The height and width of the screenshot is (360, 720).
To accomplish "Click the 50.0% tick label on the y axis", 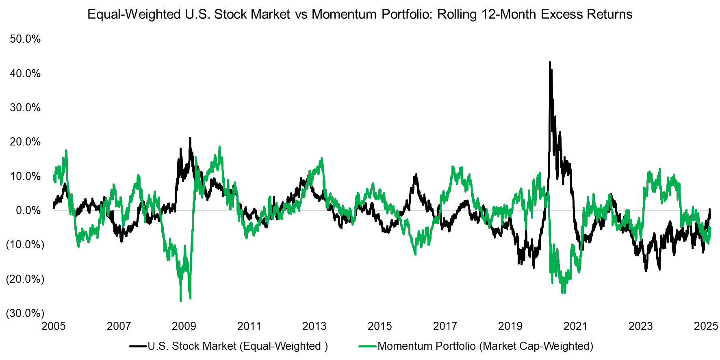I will point(25,39).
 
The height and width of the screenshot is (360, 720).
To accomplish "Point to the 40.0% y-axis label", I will point(25,74).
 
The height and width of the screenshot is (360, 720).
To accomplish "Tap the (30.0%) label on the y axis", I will point(25,313).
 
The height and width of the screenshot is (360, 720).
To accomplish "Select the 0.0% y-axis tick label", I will point(28,210).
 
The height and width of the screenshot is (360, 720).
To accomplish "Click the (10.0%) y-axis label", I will point(25,245).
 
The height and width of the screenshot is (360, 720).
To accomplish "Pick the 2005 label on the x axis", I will point(54,326).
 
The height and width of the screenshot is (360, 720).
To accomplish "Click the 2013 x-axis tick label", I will point(314,326).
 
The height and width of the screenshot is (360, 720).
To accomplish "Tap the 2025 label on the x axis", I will point(706,326).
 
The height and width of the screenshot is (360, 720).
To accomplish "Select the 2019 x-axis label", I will point(510,326).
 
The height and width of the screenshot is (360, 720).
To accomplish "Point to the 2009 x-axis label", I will point(184,326).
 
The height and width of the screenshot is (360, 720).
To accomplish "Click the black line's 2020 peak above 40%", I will point(550,63).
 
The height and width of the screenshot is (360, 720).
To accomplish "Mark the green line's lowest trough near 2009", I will point(180,301).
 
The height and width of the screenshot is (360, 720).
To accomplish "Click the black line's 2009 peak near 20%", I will point(190,139).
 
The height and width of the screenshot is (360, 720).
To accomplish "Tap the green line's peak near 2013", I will point(321,158).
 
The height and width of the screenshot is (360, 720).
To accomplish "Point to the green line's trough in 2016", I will point(415,254).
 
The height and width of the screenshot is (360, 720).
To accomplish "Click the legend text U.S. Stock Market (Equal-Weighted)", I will point(238,346).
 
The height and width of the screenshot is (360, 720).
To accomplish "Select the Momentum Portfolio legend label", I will point(486,346).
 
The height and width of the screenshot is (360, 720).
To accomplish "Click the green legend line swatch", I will point(368,346).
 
